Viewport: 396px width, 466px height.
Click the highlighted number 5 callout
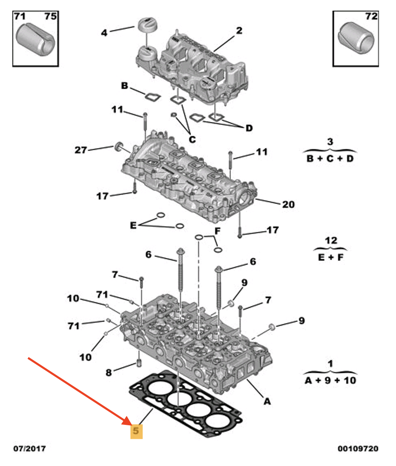pos(136,431)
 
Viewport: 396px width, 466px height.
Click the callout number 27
pos(81,150)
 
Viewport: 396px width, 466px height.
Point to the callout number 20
pos(288,204)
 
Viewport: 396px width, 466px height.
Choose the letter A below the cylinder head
pos(267,402)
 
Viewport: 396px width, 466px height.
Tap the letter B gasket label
pos(125,86)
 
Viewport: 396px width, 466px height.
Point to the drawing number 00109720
pos(358,449)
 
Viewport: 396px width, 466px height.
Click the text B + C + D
pos(330,158)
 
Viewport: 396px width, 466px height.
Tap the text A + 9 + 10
pos(330,380)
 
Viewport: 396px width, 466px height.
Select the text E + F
pos(330,257)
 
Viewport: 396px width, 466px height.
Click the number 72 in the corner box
pos(371,17)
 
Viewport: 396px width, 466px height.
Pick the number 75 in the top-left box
pos(51,17)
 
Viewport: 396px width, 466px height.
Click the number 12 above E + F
pos(330,241)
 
